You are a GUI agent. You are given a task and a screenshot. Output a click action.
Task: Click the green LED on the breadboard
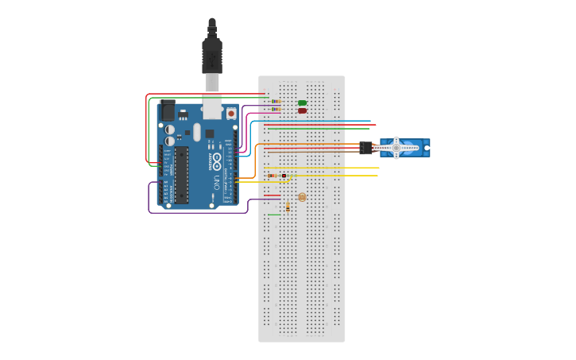tap(302, 103)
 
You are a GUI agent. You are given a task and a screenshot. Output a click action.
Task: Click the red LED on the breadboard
tap(302, 110)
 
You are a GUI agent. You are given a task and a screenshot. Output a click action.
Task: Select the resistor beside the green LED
tap(275, 102)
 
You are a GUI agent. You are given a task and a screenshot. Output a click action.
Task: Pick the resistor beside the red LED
tap(275, 110)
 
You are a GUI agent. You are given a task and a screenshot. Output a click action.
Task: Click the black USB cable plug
tap(211, 52)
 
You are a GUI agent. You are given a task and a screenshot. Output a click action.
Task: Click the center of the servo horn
tap(396, 148)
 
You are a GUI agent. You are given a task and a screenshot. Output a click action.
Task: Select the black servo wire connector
tap(365, 148)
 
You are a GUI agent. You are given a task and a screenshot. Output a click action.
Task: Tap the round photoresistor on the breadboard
tap(302, 197)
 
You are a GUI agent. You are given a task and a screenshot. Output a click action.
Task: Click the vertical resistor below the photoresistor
tap(288, 206)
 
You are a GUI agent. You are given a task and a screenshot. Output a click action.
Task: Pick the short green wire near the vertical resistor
tap(274, 215)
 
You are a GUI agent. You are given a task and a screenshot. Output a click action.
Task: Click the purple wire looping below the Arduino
tap(199, 212)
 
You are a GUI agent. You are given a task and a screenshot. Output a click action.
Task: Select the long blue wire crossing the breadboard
tap(318, 121)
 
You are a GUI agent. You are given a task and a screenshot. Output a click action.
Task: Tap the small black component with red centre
tap(284, 176)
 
